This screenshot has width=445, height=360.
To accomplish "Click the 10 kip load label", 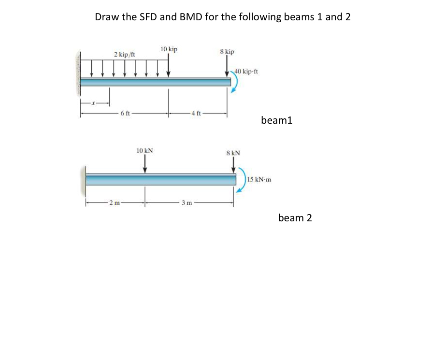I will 169,49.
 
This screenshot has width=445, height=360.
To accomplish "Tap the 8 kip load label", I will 227,51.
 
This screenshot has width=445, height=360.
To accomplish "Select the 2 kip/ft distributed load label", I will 124,55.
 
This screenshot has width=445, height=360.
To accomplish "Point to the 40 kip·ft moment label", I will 247,72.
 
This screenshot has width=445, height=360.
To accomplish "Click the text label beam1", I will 276,120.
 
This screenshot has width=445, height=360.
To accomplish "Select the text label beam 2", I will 295,218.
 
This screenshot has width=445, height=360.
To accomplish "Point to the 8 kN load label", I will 233,153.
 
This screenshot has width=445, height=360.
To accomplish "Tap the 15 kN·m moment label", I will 259,180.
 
